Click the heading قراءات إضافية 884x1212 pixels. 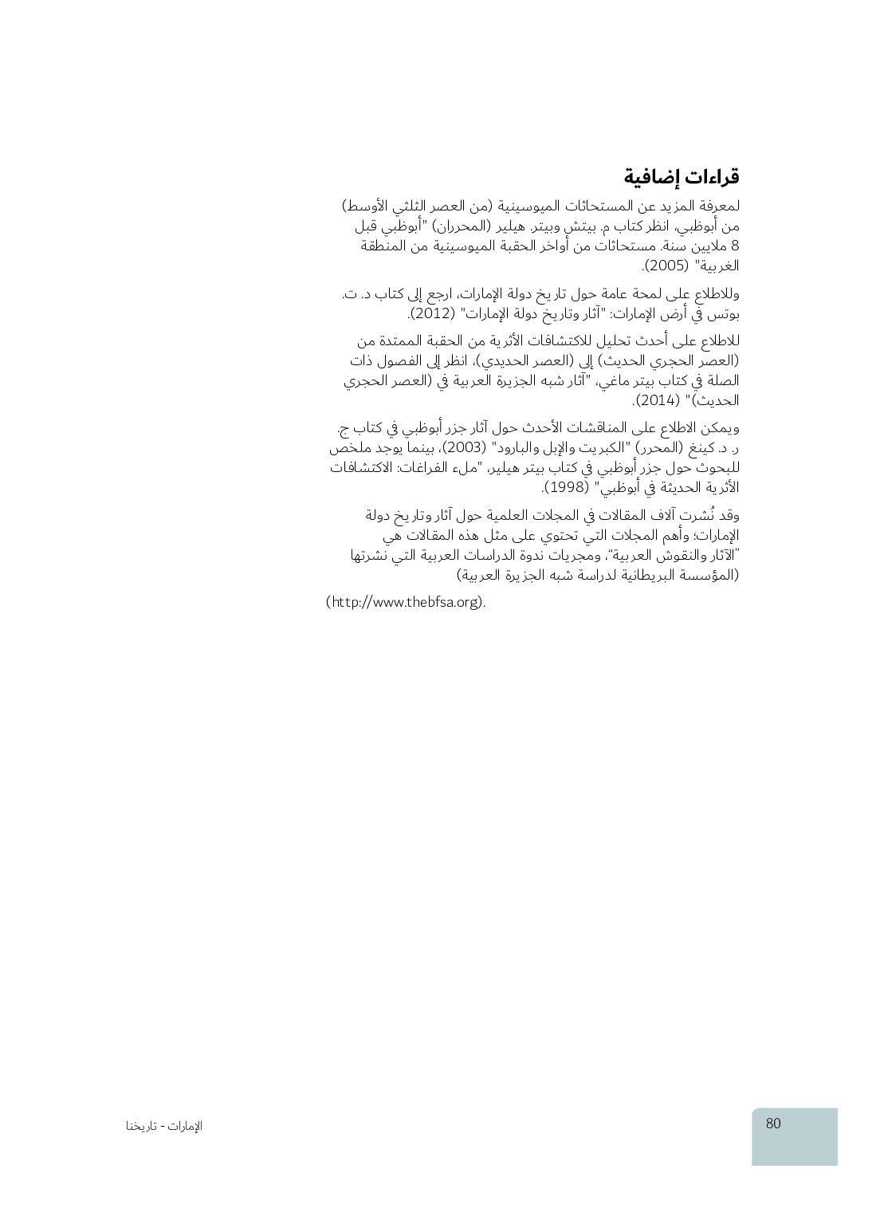tap(682, 176)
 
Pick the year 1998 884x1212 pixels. tap(567, 487)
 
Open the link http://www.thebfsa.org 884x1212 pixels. tap(405, 602)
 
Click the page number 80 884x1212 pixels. tap(773, 1123)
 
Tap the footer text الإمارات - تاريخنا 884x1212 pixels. tap(164, 1126)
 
